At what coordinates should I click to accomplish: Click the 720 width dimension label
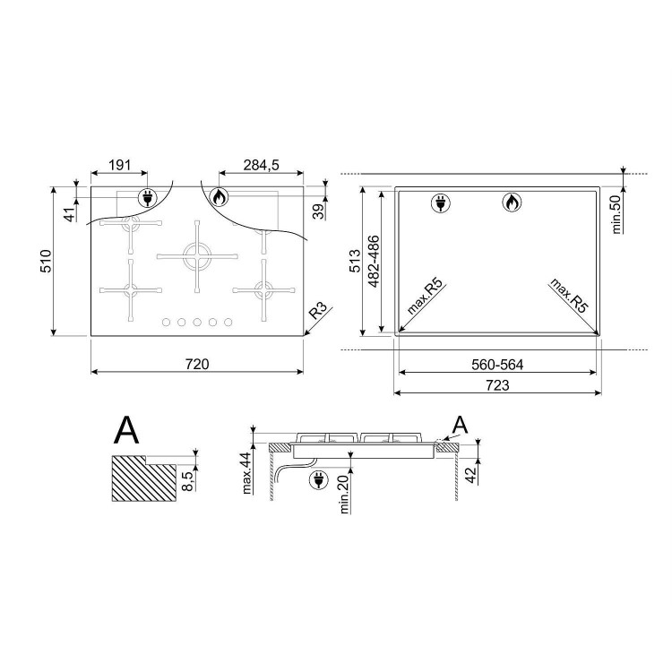pyautogui.click(x=197, y=364)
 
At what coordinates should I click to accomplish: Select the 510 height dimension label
pyautogui.click(x=46, y=261)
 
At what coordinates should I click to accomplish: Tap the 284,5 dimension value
pyautogui.click(x=261, y=165)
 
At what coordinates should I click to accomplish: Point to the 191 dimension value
pyautogui.click(x=119, y=165)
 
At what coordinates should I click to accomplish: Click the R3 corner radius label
pyautogui.click(x=317, y=310)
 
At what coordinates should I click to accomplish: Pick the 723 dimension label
pyautogui.click(x=497, y=385)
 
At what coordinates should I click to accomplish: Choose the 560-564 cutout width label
pyautogui.click(x=497, y=365)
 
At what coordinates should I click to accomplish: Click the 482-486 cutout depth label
pyautogui.click(x=373, y=262)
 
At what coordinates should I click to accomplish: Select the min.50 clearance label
pyautogui.click(x=616, y=214)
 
